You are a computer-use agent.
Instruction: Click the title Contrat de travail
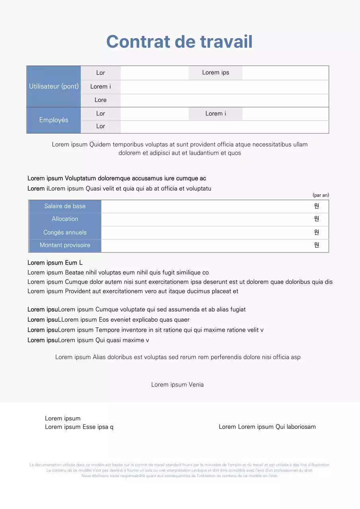pyautogui.click(x=179, y=42)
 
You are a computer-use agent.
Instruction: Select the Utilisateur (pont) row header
pyautogui.click(x=54, y=86)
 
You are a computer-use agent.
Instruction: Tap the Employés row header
pyautogui.click(x=54, y=120)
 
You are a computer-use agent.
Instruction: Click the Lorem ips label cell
pyautogui.click(x=216, y=72)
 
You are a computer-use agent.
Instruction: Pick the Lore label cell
pyautogui.click(x=101, y=100)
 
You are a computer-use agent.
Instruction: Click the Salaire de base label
pyautogui.click(x=65, y=206)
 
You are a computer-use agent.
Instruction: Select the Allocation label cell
pyautogui.click(x=65, y=219)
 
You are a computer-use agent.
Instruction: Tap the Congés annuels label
pyautogui.click(x=65, y=232)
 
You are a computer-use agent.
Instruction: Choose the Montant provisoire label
pyautogui.click(x=65, y=245)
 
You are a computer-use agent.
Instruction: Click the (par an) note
pyautogui.click(x=321, y=195)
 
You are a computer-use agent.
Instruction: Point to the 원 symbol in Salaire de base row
pyautogui.click(x=317, y=206)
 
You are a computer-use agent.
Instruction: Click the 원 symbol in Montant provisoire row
pyautogui.click(x=317, y=245)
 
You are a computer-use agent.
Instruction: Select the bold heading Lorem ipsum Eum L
pyautogui.click(x=55, y=263)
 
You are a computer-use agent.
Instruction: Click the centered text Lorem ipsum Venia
pyautogui.click(x=177, y=385)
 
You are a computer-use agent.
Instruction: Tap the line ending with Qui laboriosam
pyautogui.click(x=267, y=427)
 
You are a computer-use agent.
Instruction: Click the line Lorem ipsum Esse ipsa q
pyautogui.click(x=79, y=427)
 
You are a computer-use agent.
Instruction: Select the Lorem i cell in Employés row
pyautogui.click(x=216, y=114)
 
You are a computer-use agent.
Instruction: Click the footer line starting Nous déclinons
pyautogui.click(x=180, y=476)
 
